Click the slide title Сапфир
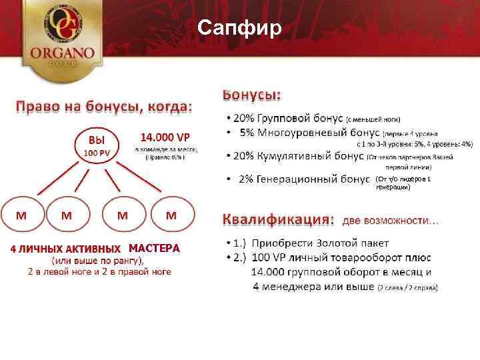point(240,28)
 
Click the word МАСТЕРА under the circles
point(154,249)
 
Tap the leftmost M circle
point(21,217)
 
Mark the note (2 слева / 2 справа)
point(408,288)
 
